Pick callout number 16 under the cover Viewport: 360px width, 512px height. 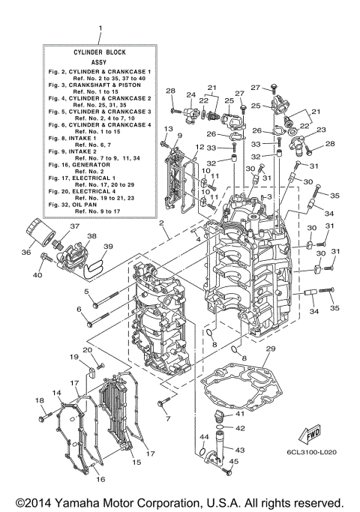pos(100,479)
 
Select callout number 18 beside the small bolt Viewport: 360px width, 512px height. pos(40,401)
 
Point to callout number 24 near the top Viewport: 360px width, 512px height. pos(190,94)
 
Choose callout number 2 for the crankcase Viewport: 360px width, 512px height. pos(160,223)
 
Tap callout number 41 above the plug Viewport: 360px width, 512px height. pos(240,414)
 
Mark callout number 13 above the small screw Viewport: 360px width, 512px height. pos(159,129)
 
